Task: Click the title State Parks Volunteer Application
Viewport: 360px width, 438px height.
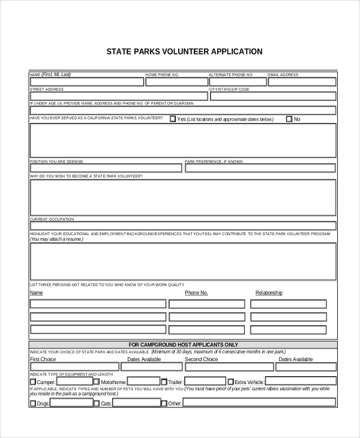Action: (184, 52)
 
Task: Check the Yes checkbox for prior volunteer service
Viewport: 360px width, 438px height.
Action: (173, 119)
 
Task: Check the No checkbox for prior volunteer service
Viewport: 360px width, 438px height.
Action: (289, 119)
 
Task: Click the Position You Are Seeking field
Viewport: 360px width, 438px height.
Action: (106, 169)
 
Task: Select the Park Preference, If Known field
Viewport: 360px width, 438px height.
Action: (260, 169)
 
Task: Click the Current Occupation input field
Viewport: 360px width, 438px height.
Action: (183, 226)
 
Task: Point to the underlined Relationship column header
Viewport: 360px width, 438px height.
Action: (269, 293)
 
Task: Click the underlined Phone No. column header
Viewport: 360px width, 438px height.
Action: (196, 293)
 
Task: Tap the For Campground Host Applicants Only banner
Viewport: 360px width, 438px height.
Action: (183, 344)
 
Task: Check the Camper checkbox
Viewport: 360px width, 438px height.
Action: (33, 382)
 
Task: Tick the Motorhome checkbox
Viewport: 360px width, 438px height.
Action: (97, 382)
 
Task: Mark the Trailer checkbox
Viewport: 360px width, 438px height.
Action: (164, 382)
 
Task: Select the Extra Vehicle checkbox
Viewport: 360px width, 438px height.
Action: (230, 382)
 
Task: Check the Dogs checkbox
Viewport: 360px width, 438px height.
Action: (33, 403)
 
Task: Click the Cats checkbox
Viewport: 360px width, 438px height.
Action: (97, 403)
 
